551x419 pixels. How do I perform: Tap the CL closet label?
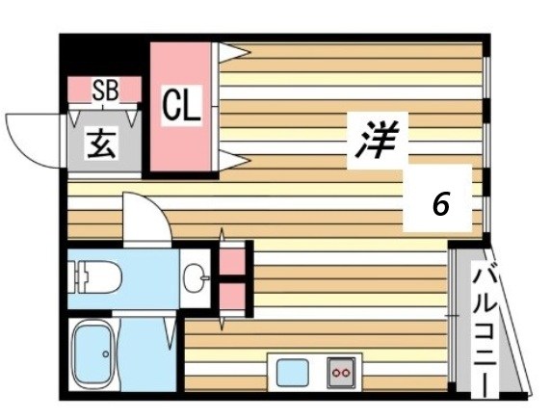click(181, 106)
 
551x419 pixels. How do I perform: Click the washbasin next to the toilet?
click(198, 279)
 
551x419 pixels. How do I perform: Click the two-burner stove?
click(340, 370)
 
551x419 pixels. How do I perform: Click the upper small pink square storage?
click(231, 260)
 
